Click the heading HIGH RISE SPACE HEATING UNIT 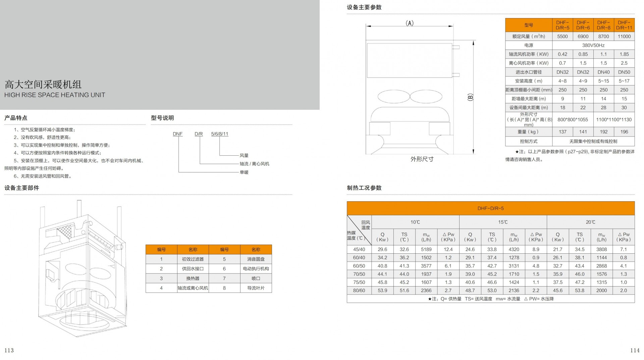(55, 95)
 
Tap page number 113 (9, 350)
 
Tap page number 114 (635, 350)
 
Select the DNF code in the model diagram (178, 134)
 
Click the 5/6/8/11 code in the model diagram (220, 134)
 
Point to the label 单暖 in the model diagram (244, 172)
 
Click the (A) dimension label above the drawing (410, 23)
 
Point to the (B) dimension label (470, 97)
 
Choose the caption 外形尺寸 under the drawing (422, 159)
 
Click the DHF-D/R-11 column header (624, 25)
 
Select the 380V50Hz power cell (593, 45)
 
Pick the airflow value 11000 (624, 36)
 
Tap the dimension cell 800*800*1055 (573, 119)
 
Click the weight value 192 (604, 132)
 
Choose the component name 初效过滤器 (193, 259)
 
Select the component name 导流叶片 (256, 288)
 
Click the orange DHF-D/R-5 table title (491, 208)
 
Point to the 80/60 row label (359, 291)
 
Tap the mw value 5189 (426, 249)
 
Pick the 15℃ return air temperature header (503, 222)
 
